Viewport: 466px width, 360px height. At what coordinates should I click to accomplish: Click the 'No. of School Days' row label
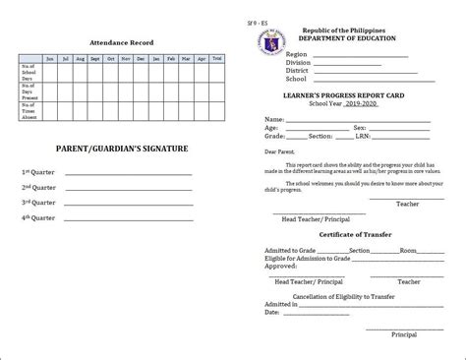click(x=29, y=71)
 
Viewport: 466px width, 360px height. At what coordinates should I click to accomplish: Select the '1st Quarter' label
click(x=40, y=172)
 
